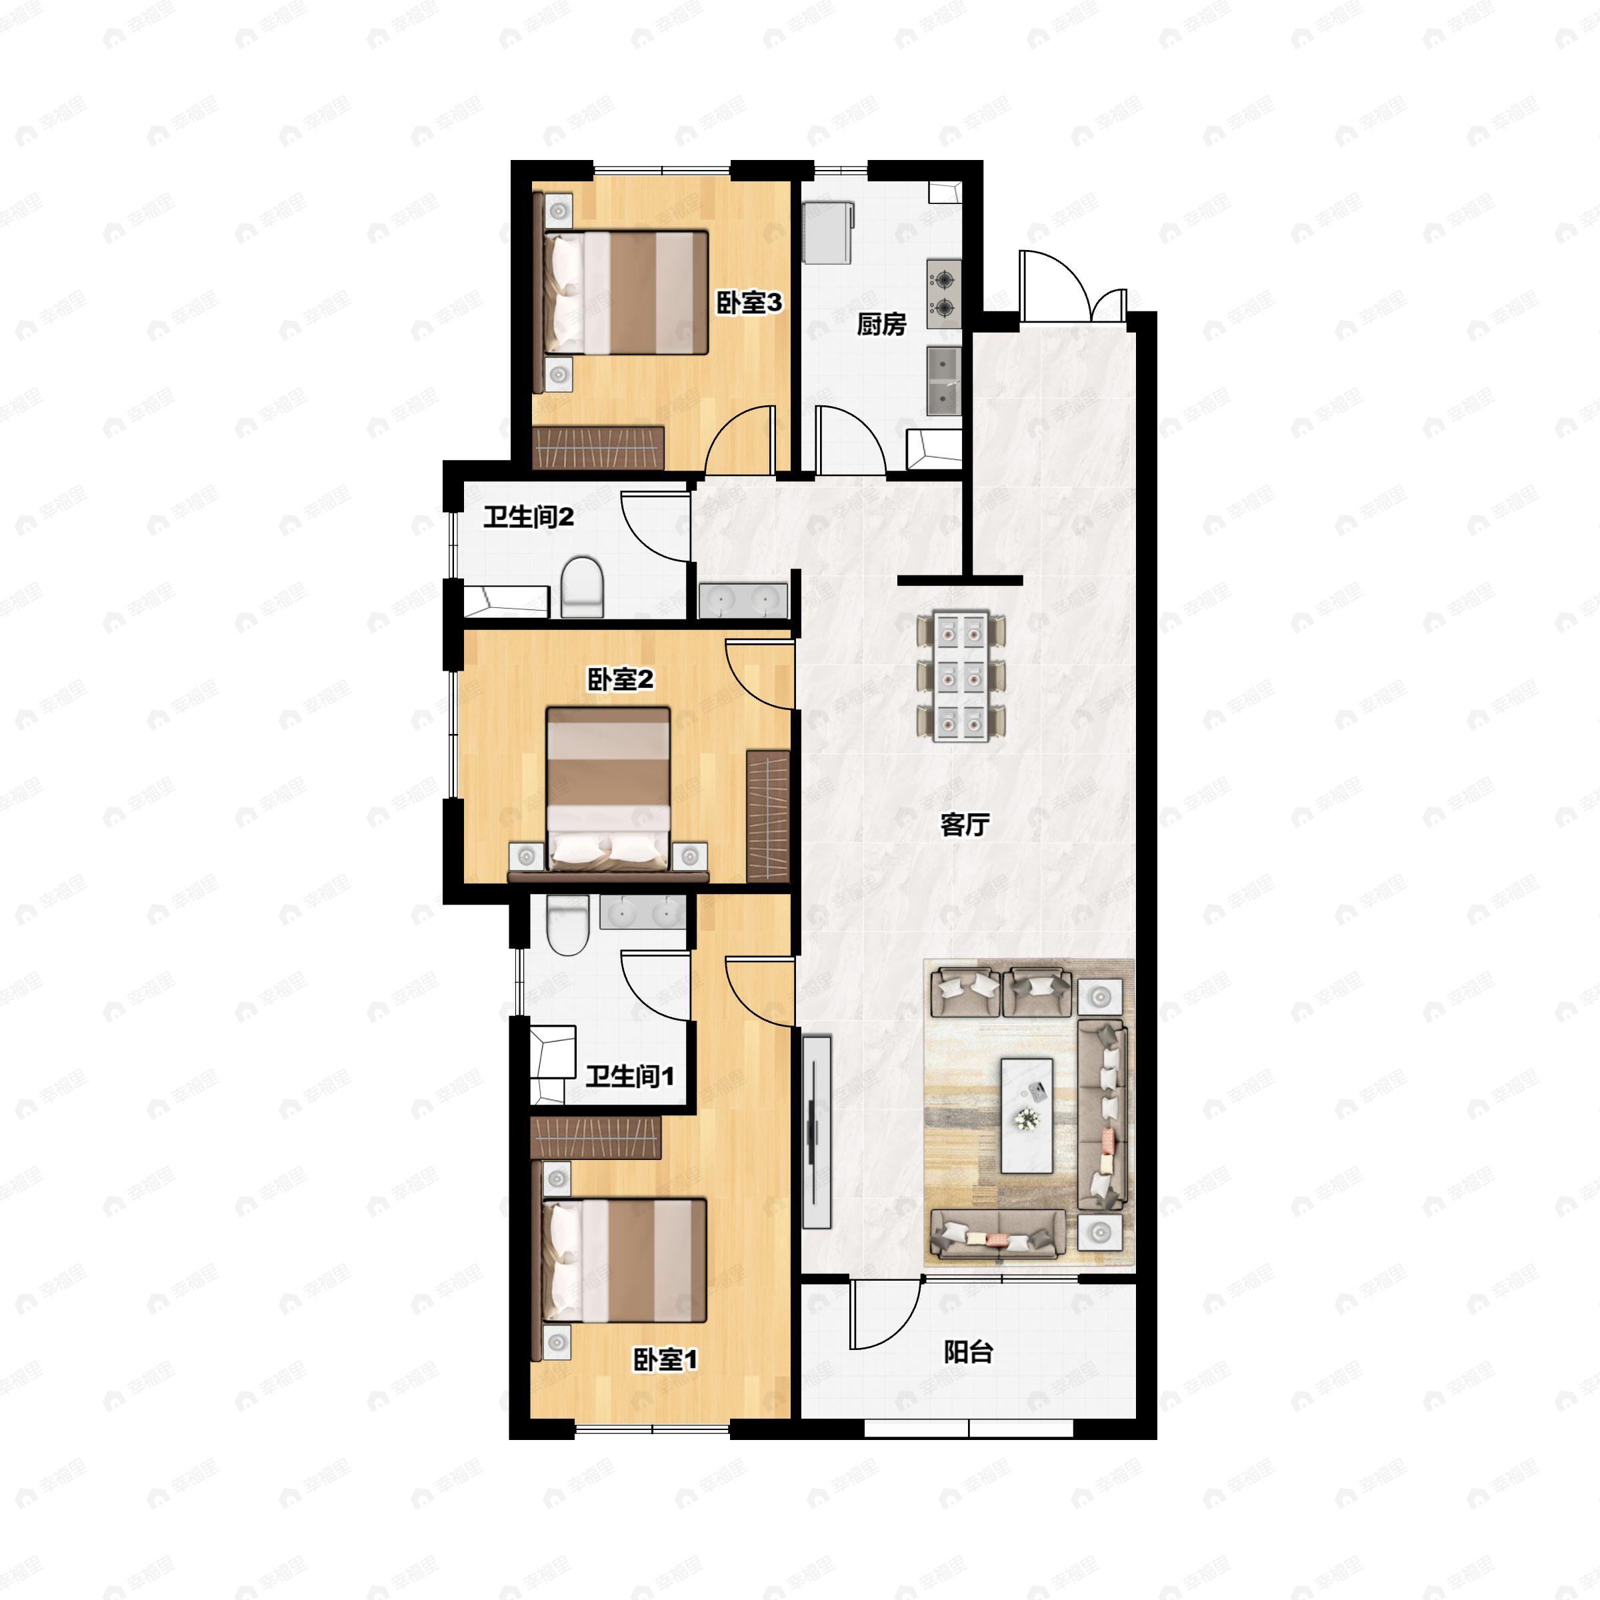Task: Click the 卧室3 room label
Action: [x=749, y=303]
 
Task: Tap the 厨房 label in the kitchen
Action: [x=881, y=324]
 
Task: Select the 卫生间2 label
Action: [x=529, y=517]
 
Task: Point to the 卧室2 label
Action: [x=620, y=680]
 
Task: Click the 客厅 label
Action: [x=965, y=825]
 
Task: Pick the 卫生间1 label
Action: [x=629, y=1077]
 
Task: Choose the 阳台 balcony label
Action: [x=968, y=1353]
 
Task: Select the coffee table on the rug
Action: [x=1027, y=1115]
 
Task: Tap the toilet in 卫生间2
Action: [x=582, y=587]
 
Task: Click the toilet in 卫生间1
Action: [x=567, y=925]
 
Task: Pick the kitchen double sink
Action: [x=944, y=380]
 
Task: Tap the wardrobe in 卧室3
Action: [x=599, y=447]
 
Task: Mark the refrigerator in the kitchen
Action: [x=828, y=233]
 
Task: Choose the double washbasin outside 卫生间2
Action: [x=743, y=601]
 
